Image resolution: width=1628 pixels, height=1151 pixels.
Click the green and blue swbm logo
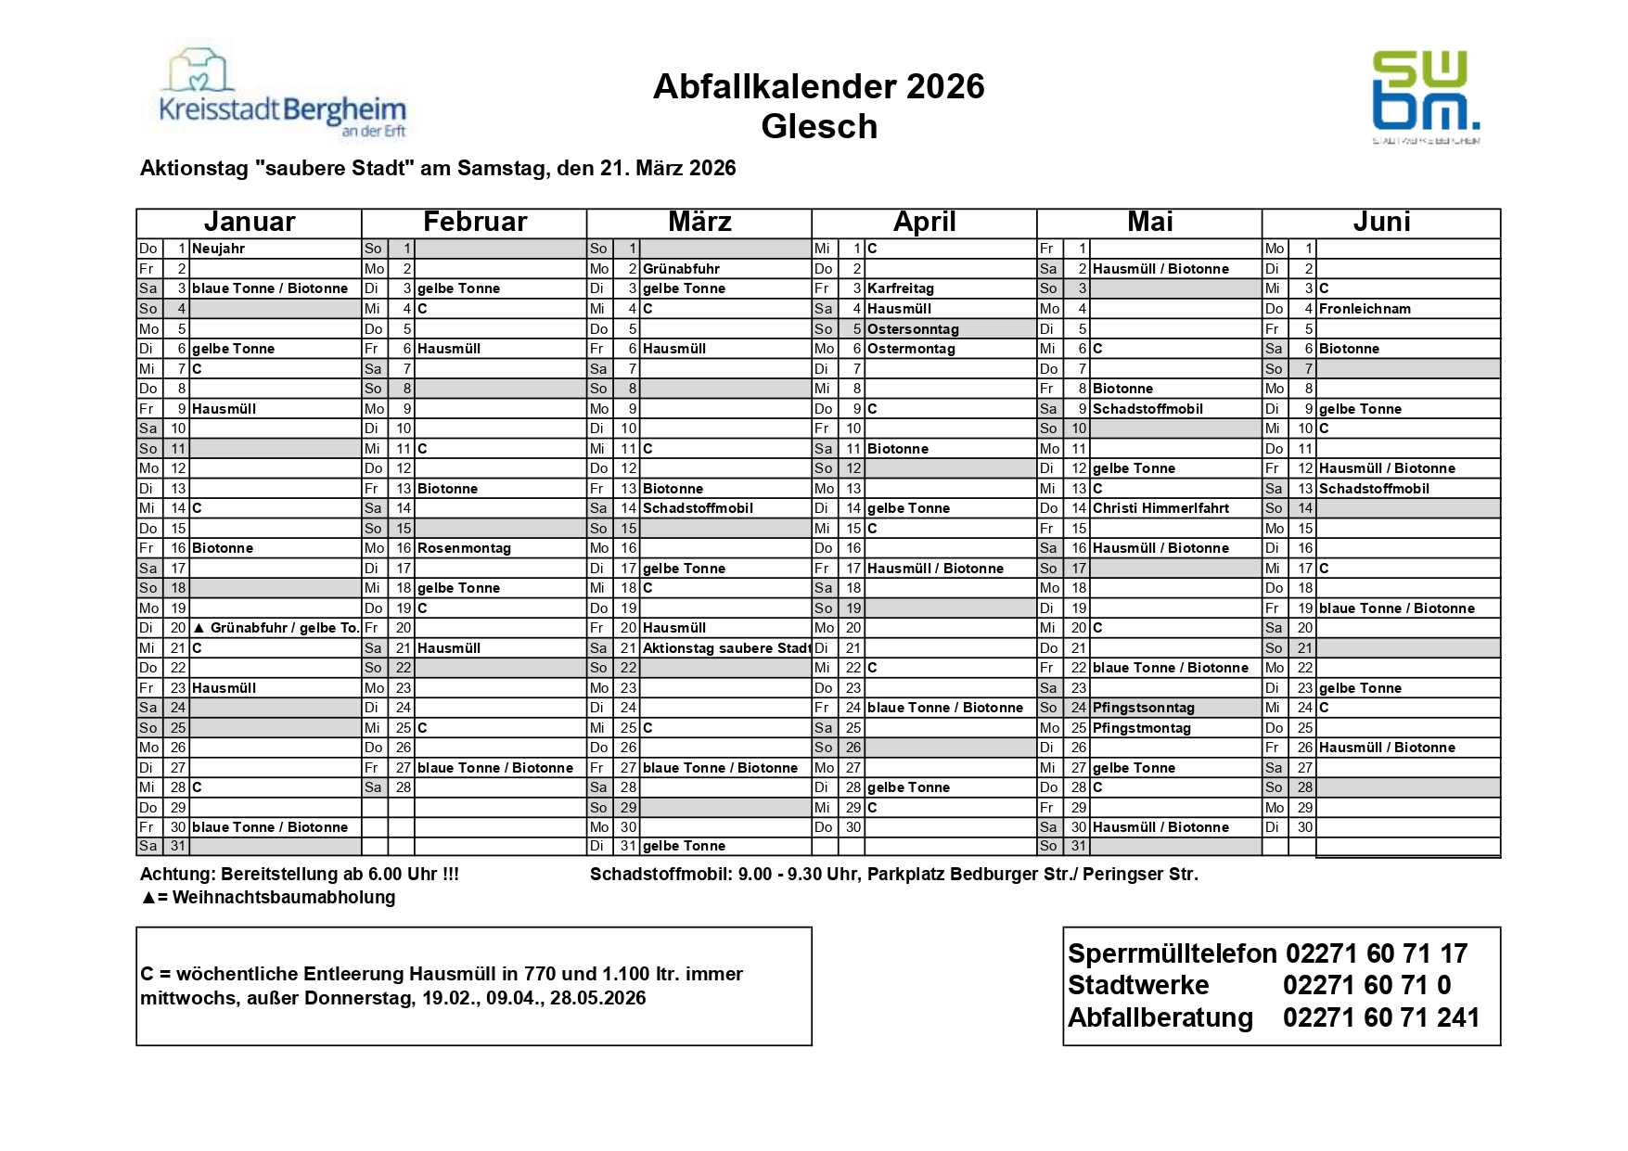1426,96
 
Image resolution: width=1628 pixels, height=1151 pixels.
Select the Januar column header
249,223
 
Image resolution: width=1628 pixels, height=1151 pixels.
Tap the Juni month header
1381,223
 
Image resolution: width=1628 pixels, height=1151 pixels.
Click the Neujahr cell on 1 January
219,249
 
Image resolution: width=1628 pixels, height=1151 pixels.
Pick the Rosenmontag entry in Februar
464,548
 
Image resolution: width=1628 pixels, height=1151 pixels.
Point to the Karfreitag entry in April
901,288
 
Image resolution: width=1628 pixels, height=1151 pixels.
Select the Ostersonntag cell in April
913,329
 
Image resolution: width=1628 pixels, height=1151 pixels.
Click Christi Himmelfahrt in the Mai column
1160,508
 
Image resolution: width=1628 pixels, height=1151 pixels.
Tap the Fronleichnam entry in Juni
1365,309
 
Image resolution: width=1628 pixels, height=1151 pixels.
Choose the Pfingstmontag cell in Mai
1141,728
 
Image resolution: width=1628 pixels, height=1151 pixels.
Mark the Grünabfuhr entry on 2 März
681,269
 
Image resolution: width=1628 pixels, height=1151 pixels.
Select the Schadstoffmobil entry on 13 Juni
1374,489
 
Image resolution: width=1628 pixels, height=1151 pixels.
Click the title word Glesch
819,127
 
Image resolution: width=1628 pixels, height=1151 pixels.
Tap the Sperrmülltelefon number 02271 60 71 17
1377,953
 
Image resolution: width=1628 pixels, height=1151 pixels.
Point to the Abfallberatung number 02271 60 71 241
1381,1017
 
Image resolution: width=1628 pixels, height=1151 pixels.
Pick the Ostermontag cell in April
911,349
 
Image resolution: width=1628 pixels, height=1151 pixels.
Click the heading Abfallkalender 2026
818,86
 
